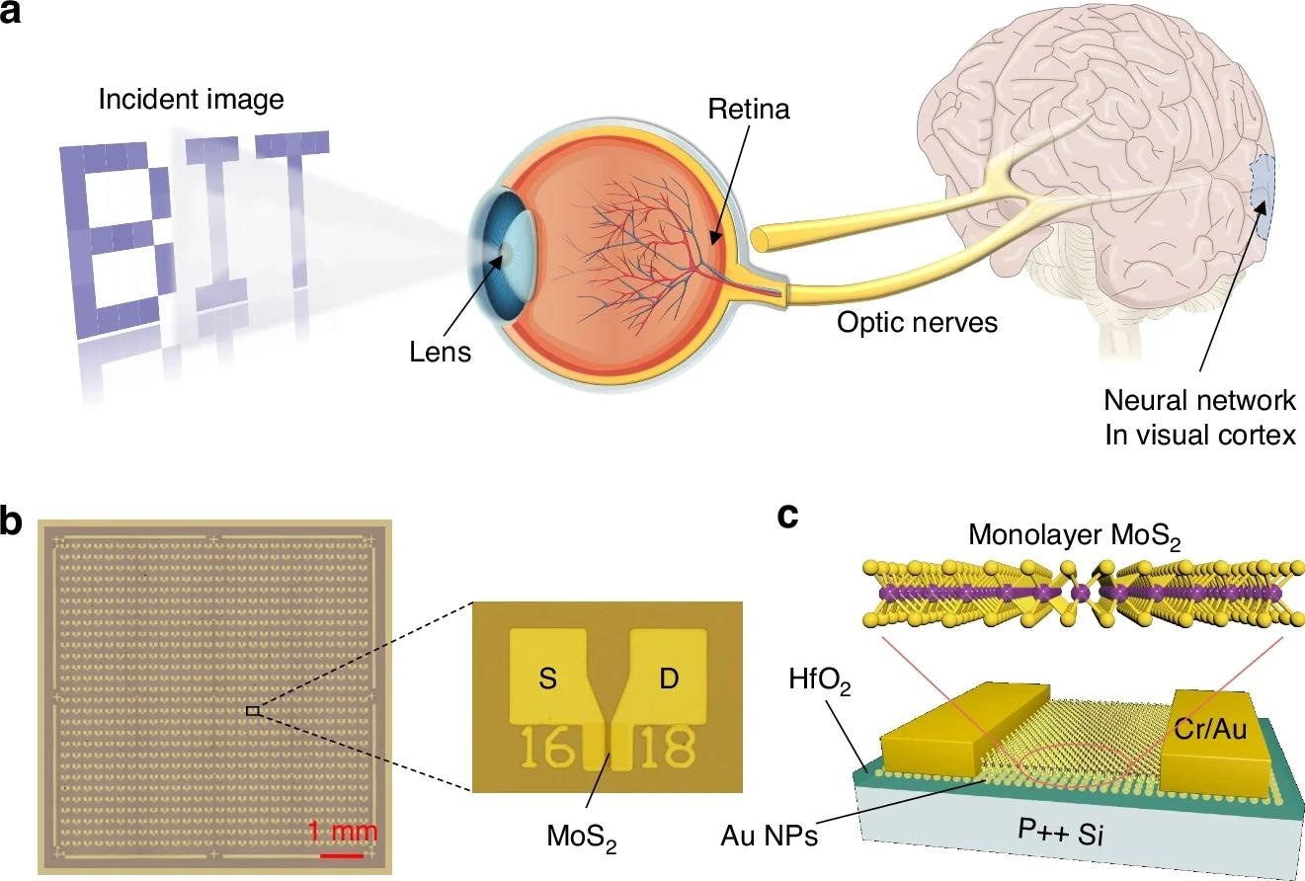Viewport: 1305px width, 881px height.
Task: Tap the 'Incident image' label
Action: point(191,99)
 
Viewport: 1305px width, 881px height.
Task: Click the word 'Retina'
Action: point(749,109)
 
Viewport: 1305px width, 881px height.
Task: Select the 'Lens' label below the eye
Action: point(441,352)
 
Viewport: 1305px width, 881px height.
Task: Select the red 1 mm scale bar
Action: point(342,854)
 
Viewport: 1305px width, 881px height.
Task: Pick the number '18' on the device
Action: point(665,751)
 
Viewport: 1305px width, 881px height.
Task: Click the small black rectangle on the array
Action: point(253,710)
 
